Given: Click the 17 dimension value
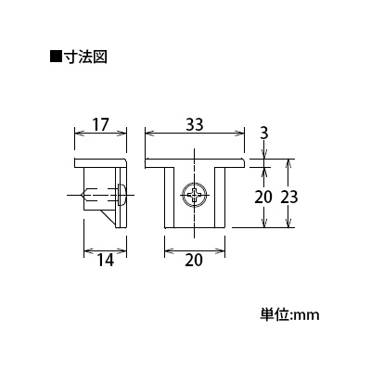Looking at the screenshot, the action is pyautogui.click(x=101, y=125).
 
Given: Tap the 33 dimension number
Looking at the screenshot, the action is pyautogui.click(x=195, y=125).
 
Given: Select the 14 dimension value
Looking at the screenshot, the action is pyautogui.click(x=106, y=261).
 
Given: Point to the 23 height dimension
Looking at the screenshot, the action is pyautogui.click(x=289, y=197).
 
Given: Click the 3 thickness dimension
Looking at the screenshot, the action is pyautogui.click(x=264, y=134).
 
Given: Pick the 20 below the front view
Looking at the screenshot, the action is pyautogui.click(x=194, y=261).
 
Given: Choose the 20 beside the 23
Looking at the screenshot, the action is pyautogui.click(x=263, y=197).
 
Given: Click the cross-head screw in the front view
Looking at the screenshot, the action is pyautogui.click(x=195, y=195).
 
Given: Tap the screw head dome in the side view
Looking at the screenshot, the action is pyautogui.click(x=122, y=195).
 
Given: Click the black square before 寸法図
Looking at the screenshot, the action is pyautogui.click(x=56, y=57).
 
